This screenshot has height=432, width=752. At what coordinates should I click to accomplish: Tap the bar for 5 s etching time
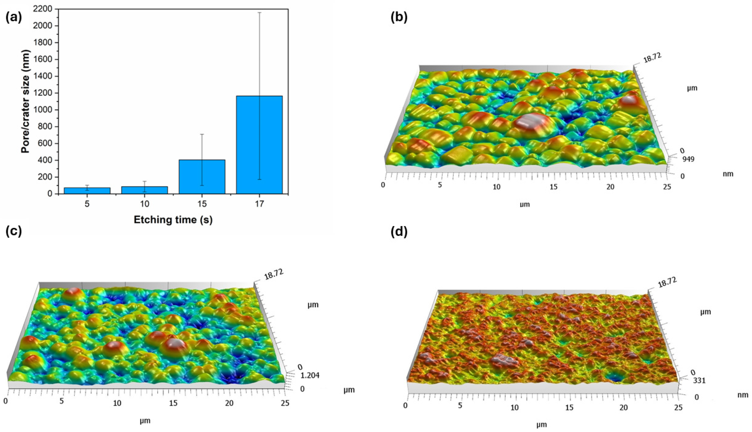pos(87,191)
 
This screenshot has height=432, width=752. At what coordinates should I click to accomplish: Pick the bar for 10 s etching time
pos(145,190)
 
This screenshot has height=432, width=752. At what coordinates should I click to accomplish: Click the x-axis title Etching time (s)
pos(173,220)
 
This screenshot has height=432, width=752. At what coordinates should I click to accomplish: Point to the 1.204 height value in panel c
pos(310,376)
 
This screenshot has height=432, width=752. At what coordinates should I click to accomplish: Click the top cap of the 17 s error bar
pos(259,13)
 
